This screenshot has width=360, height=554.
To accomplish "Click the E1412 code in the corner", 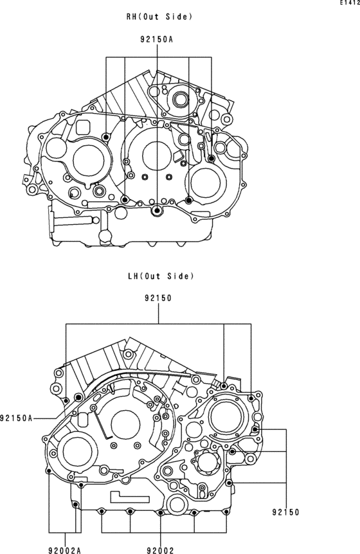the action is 350,3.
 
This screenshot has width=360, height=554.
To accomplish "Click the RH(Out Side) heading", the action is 159,17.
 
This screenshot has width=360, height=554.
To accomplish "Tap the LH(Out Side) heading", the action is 161,276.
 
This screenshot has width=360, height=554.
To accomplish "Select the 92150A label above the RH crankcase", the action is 156,40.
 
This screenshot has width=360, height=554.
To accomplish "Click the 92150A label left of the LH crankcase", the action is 16,418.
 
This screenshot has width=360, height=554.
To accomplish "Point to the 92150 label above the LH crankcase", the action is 158,298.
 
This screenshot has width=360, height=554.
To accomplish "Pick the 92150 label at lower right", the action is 285,512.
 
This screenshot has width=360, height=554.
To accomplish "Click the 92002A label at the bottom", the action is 65,550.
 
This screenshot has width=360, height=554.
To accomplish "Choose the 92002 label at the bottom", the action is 160,550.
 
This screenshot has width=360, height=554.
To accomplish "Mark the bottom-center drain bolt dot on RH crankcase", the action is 157,211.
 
